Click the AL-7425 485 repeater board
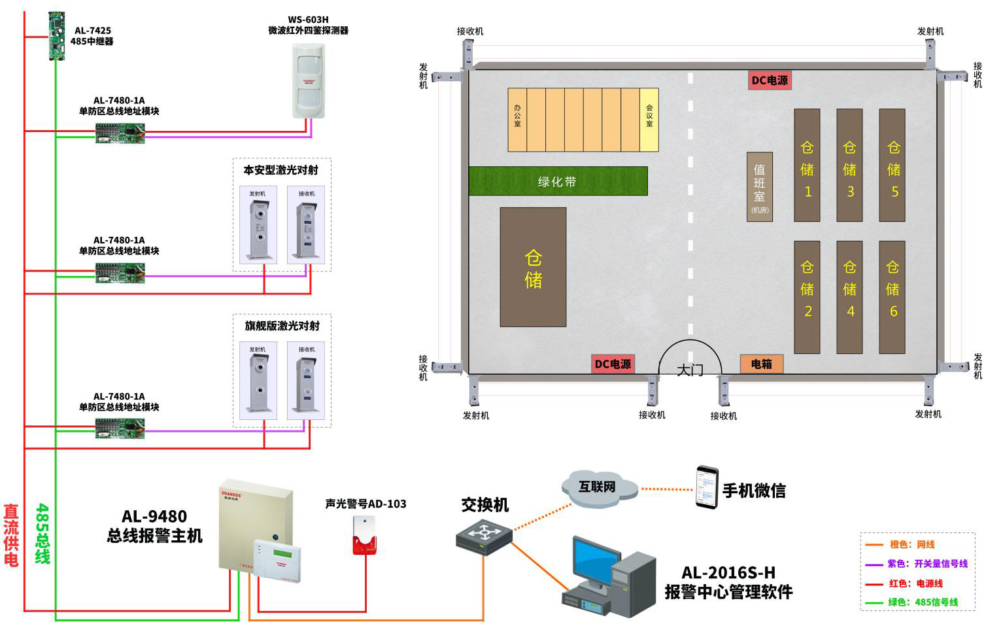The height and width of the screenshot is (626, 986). pos(57,35)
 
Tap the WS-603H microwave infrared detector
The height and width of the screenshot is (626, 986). pos(308,80)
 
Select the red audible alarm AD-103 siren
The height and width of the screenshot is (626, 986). pos(364,536)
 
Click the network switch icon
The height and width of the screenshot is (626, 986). pos(484,536)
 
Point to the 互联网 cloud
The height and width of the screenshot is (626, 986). pos(598,488)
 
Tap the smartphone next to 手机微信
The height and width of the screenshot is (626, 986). pos(706,487)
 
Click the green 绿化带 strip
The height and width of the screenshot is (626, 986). pos(558,181)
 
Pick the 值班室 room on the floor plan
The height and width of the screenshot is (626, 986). pos(760,186)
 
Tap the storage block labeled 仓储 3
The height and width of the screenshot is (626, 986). pos(849,165)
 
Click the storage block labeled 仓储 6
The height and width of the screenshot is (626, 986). pos(892,297)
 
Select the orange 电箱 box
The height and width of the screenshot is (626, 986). pos(761,364)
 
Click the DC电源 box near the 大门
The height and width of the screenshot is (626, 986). pos(613,364)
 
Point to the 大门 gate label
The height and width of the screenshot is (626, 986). pos(690,370)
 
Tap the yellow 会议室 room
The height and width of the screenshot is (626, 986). pos(649,120)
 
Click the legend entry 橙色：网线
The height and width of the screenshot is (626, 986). pos(911,544)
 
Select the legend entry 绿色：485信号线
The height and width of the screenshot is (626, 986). pos(923,602)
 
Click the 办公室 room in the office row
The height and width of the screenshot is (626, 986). pos(517,120)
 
